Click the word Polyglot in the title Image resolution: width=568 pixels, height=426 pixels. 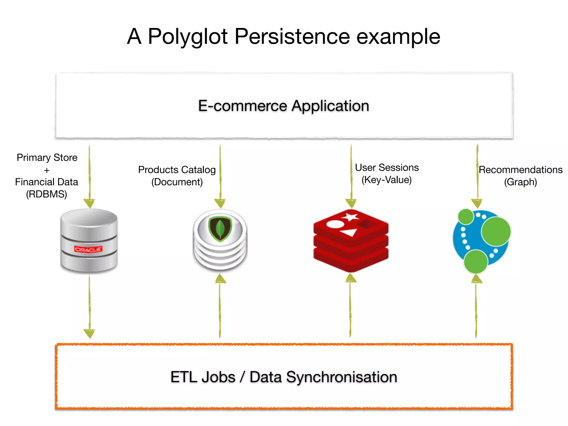187,37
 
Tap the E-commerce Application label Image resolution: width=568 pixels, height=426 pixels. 283,106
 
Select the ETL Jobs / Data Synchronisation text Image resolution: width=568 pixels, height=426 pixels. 284,377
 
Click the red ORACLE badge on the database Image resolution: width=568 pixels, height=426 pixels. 88,249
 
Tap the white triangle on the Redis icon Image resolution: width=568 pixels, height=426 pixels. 349,232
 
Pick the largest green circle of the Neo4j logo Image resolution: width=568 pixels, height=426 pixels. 496,231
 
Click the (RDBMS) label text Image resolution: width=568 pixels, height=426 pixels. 47,194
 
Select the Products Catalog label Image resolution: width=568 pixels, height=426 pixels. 177,170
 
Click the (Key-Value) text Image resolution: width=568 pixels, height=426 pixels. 386,180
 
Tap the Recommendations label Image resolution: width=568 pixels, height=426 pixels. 521,170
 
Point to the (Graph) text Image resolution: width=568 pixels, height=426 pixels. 520,182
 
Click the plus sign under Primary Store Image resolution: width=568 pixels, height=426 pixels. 47,170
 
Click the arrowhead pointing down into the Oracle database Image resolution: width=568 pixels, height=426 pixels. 89,203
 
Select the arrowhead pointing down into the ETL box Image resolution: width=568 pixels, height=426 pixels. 89,334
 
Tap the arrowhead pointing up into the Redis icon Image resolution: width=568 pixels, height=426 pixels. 351,278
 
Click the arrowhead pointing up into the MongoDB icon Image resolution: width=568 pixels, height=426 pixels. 220,279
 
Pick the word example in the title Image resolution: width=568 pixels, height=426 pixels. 398,37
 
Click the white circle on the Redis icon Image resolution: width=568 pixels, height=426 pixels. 335,224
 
